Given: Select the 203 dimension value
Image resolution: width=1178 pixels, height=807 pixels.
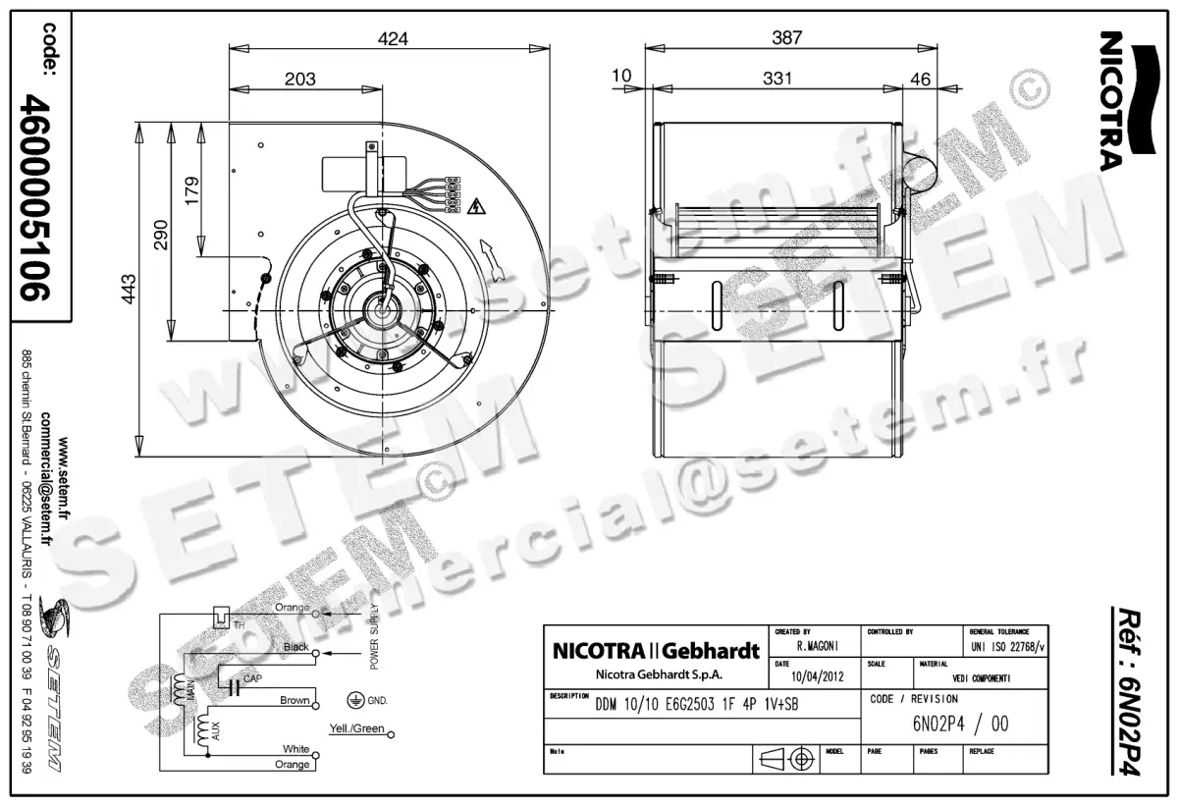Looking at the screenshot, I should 300,80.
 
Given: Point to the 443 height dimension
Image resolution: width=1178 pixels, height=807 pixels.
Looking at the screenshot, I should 129,289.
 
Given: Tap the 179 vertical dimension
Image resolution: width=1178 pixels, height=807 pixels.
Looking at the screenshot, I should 191,188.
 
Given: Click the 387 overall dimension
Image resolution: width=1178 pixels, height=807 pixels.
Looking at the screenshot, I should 787,38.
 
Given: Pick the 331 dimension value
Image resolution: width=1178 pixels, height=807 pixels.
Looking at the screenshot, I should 776,80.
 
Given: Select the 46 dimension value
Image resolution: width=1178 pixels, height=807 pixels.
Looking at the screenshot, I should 921,80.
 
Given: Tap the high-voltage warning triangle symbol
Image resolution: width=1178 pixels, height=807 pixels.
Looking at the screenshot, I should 478,206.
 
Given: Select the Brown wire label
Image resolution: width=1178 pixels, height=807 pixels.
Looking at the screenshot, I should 294,701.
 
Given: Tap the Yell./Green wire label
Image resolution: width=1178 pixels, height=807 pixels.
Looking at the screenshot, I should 356,729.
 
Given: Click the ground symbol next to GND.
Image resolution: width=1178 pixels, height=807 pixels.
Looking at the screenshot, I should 354,700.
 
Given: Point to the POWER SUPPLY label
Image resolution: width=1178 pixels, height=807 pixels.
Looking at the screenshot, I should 374,639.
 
